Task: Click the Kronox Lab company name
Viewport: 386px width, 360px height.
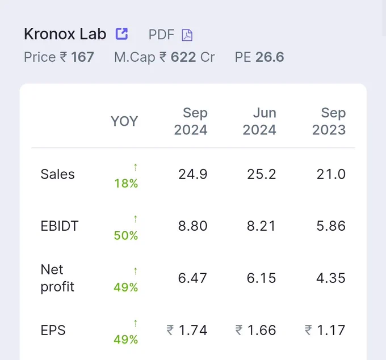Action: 65,33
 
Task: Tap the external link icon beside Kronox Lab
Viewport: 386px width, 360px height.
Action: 121,33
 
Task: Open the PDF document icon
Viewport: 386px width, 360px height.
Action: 187,35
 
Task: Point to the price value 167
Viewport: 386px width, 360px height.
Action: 82,57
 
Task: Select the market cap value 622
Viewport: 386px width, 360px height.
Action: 183,57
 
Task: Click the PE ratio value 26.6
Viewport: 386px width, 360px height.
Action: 270,57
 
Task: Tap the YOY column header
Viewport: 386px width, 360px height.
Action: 124,121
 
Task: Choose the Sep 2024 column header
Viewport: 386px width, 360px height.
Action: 191,121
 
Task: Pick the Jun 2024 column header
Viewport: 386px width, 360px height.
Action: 259,121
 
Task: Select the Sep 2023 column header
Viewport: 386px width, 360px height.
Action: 329,121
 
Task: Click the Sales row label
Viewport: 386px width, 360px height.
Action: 57,174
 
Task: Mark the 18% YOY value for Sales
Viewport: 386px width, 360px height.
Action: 126,184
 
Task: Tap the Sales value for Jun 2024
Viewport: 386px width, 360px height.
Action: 262,174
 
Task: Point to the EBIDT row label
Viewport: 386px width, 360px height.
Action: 60,226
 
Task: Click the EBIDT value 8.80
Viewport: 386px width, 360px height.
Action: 193,226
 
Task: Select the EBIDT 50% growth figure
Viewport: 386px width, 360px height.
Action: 126,235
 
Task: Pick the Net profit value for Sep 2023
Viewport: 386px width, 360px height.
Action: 331,278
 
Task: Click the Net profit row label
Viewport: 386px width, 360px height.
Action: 57,278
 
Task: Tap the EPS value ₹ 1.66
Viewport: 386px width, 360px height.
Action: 255,330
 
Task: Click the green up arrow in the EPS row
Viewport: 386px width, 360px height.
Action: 136,323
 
